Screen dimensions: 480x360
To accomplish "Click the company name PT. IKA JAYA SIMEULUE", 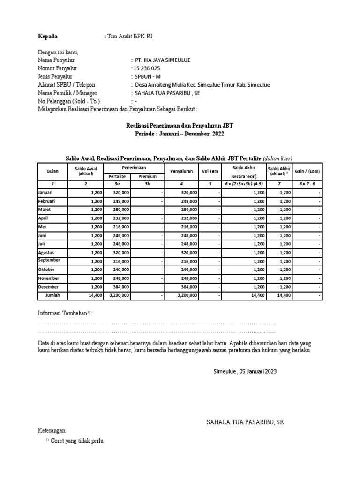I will [x=163, y=60].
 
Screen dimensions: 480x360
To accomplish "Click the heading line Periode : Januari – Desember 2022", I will [x=180, y=134].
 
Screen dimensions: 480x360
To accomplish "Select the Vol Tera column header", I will [x=210, y=171].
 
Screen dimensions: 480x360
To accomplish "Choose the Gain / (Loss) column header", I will [x=307, y=171].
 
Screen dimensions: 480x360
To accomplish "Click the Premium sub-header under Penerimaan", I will [x=147, y=176].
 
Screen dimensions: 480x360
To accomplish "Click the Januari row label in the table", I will [x=46, y=193].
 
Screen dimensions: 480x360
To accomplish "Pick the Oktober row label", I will [x=46, y=270].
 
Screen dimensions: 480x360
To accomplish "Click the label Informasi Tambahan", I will [x=62, y=313].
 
